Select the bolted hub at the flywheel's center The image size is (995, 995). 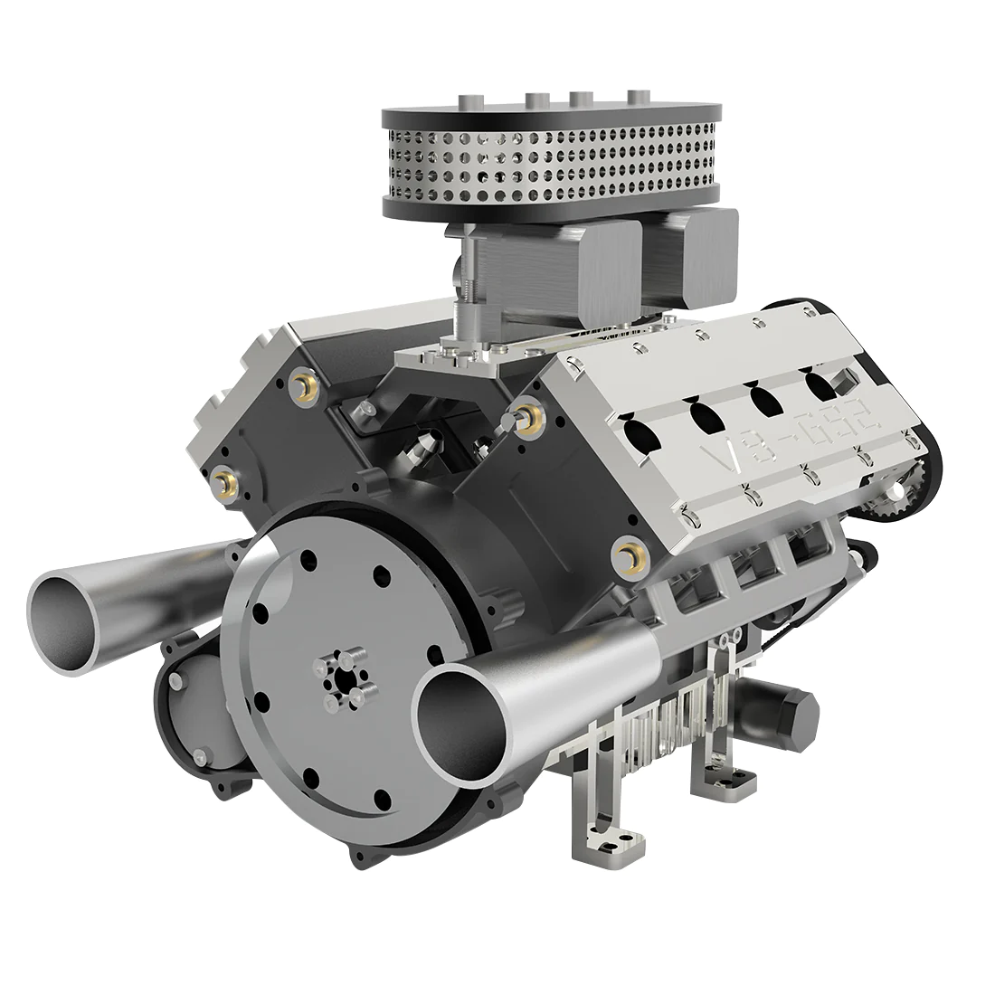tap(341, 680)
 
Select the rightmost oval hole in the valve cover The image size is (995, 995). tap(822, 384)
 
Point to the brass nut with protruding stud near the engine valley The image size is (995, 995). tap(527, 417)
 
